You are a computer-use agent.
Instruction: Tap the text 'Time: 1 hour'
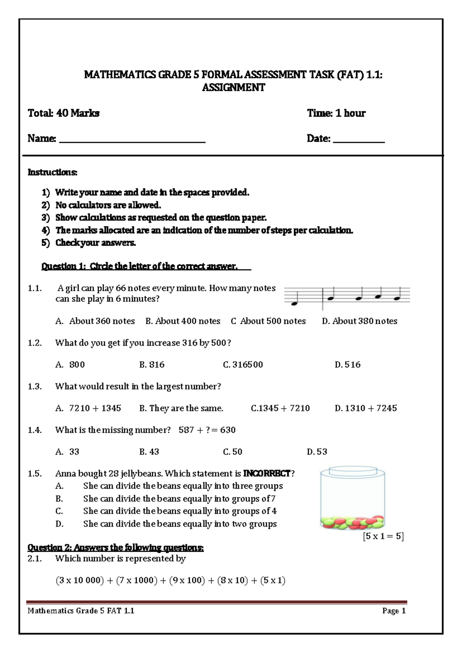(x=336, y=113)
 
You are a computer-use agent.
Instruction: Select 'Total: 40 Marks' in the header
(x=64, y=113)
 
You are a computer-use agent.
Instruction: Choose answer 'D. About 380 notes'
(x=359, y=321)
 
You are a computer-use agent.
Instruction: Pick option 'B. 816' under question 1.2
(x=152, y=365)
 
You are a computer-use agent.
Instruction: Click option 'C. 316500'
(x=243, y=365)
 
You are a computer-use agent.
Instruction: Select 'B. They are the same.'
(x=181, y=408)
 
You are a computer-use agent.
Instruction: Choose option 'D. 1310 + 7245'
(x=366, y=408)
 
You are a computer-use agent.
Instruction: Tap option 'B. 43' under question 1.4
(x=149, y=452)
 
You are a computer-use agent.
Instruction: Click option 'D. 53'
(x=317, y=452)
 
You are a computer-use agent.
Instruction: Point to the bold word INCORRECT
(x=267, y=474)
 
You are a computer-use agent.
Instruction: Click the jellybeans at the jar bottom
(x=352, y=522)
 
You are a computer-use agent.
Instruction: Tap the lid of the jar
(x=353, y=470)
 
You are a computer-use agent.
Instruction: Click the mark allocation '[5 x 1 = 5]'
(x=383, y=536)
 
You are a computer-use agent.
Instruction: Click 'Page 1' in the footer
(x=394, y=611)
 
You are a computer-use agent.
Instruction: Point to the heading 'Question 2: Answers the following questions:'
(x=115, y=548)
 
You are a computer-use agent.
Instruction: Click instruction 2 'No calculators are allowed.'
(x=108, y=205)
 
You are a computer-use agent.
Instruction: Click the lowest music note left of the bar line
(x=295, y=303)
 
